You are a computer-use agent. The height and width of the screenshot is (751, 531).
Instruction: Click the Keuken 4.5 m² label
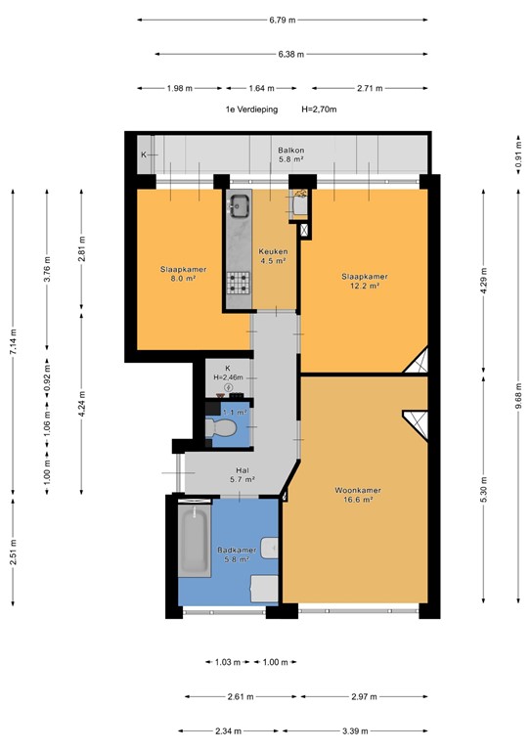[x=273, y=256]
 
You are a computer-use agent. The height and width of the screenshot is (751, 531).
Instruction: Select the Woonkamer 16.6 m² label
[x=358, y=495]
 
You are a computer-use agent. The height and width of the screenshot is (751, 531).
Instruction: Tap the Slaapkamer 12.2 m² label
[x=365, y=281]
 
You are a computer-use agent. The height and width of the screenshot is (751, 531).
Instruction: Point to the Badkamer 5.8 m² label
[x=238, y=555]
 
